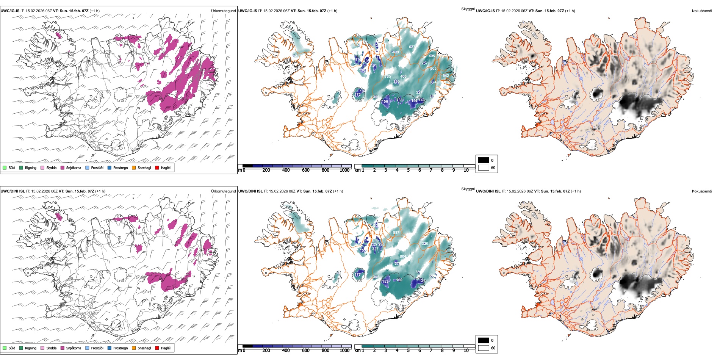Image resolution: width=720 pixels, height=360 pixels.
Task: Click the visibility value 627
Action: coord(412,47)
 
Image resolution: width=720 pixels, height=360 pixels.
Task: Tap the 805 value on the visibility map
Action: coord(433,69)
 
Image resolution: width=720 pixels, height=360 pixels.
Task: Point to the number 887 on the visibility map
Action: coord(396,233)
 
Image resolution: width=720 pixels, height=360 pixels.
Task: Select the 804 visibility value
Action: coord(403,257)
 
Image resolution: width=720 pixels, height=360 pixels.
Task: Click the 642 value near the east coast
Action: coord(446,76)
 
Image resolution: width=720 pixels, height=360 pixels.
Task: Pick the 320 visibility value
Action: coord(425,244)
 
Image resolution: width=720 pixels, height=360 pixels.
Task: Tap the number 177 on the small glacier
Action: coord(358,275)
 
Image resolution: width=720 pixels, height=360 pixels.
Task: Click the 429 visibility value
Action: coord(396,52)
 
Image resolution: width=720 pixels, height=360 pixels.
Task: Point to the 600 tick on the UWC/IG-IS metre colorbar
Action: coord(306,170)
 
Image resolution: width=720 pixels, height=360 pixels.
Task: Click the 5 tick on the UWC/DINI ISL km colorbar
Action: coord(409,350)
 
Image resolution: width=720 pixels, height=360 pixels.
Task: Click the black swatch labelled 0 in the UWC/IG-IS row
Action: coord(484,160)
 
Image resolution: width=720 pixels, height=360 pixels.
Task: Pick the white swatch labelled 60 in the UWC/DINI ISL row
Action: coord(484,348)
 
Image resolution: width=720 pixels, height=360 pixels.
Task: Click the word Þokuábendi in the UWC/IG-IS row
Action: coord(702,11)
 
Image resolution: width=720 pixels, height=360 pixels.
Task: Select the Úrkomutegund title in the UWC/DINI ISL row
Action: coord(223,191)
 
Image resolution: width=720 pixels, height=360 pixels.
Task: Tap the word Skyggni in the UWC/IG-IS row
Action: coord(468,9)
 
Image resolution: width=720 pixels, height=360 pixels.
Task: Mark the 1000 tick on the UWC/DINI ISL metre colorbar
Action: coord(344,350)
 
